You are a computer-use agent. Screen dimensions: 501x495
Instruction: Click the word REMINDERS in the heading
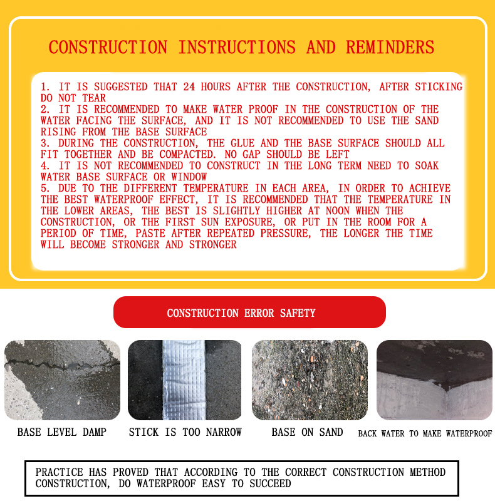click(x=390, y=48)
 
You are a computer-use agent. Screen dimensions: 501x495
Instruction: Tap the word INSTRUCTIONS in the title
click(x=237, y=48)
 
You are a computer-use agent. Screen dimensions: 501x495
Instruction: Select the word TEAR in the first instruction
click(x=95, y=98)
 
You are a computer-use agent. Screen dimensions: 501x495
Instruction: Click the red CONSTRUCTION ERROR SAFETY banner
click(x=249, y=312)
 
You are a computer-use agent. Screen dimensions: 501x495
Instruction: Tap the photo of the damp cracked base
click(x=62, y=380)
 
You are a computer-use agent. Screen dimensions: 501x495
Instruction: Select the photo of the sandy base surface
click(x=309, y=380)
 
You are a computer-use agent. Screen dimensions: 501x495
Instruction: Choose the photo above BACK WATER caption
click(x=434, y=380)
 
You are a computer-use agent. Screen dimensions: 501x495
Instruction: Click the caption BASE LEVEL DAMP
click(x=62, y=433)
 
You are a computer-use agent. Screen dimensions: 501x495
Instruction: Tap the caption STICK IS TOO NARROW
click(x=185, y=433)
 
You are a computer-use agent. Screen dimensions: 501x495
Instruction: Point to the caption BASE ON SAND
click(x=307, y=433)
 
